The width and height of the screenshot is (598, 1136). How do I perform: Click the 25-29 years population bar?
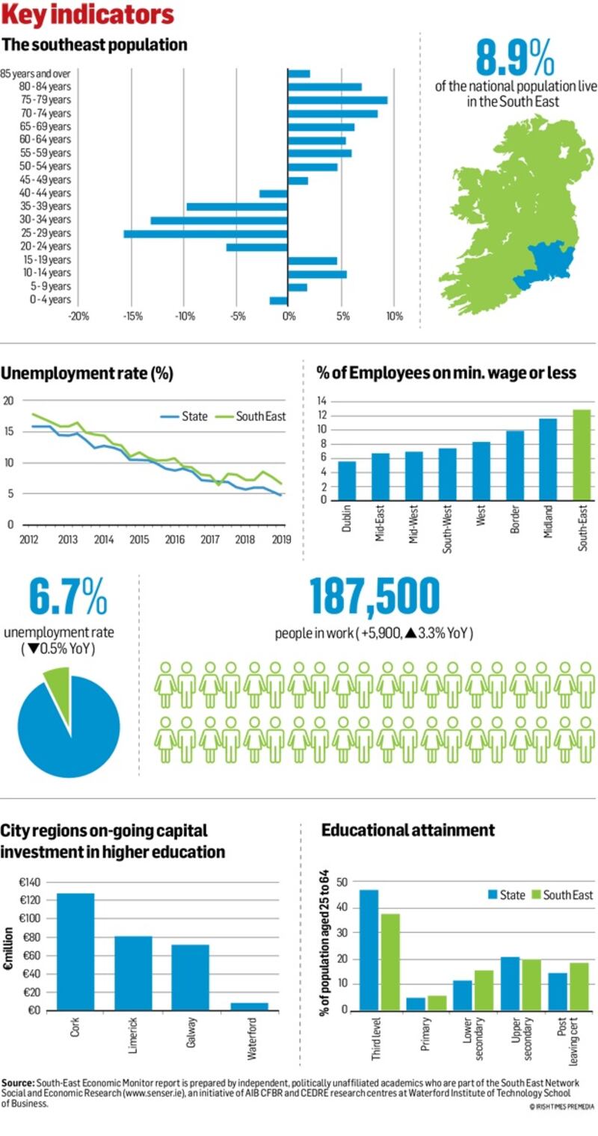206,233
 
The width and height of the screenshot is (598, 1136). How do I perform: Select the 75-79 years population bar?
337,99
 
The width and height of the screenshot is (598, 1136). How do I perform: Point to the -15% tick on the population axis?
132,316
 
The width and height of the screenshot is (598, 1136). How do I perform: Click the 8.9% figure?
516,58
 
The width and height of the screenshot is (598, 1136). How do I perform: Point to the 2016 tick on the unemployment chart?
174,540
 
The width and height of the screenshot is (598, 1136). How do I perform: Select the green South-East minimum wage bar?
582,454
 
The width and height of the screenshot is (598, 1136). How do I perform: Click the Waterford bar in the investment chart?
250,1006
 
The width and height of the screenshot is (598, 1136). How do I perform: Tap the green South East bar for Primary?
436,1002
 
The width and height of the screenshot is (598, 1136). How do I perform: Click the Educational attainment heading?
407,830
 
